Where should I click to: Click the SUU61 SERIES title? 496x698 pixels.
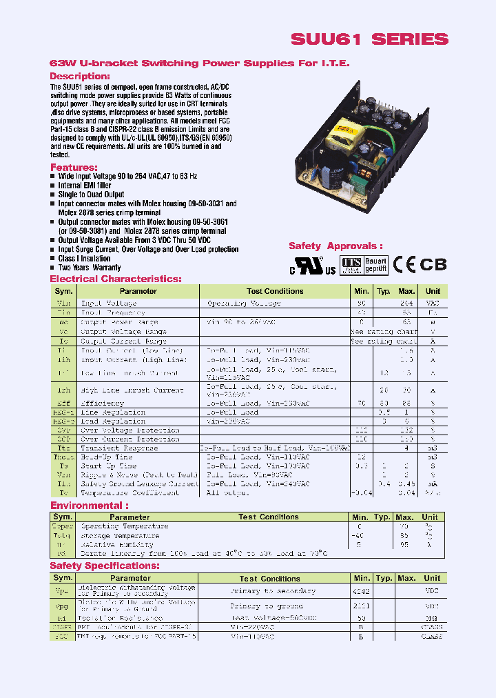369,39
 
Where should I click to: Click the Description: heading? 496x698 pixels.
80,76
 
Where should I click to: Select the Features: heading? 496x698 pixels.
73,168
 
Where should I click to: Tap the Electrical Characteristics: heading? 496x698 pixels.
116,279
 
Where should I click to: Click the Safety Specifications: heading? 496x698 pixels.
105,566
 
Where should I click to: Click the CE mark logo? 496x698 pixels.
404,264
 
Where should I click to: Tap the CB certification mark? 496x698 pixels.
433,264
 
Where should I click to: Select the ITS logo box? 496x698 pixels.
351,264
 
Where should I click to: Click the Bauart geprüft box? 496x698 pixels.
375,264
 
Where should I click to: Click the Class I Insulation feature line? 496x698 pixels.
84,259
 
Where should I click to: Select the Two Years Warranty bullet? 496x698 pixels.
90,268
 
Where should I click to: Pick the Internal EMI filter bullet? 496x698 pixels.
85,186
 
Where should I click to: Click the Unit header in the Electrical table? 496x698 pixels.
433,291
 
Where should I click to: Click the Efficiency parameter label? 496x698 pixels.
103,403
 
